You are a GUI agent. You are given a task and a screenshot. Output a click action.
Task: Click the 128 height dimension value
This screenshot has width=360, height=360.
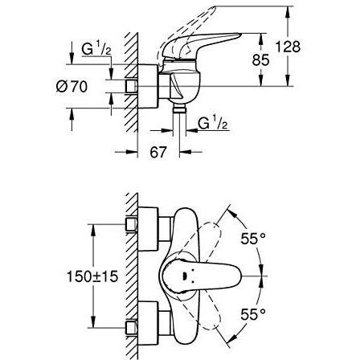coord(288,47)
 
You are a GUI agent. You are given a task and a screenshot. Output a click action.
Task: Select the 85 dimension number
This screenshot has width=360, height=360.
coord(260,59)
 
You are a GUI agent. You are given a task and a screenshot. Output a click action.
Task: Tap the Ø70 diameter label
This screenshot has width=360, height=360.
coord(72,87)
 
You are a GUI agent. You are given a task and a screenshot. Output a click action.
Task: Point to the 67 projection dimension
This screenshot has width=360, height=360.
coord(158,152)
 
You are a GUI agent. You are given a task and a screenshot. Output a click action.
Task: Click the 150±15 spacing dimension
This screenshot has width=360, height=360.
coord(92,276)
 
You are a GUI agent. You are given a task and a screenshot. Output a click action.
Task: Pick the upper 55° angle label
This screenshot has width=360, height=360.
coord(253,238)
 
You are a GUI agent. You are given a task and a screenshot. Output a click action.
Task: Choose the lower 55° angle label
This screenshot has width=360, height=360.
coord(253,314)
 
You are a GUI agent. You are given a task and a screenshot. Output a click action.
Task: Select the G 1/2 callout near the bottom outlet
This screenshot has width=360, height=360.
coord(213,123)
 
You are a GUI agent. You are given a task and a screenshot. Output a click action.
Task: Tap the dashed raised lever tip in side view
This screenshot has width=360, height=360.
coord(213,9)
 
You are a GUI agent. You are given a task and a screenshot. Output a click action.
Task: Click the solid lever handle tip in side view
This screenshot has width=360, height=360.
coord(239,35)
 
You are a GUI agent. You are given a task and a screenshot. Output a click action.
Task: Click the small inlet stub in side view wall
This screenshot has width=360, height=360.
coord(131,86)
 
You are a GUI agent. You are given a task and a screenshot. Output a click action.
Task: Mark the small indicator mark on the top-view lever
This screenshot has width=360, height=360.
coord(184,276)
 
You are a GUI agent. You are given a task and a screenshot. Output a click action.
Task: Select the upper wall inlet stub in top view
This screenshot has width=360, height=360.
coord(131,224)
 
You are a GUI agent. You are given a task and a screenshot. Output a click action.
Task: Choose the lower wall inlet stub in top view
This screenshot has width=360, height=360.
coord(131,329)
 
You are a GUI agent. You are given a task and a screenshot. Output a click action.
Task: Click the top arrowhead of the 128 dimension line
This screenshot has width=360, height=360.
coord(288,12)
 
